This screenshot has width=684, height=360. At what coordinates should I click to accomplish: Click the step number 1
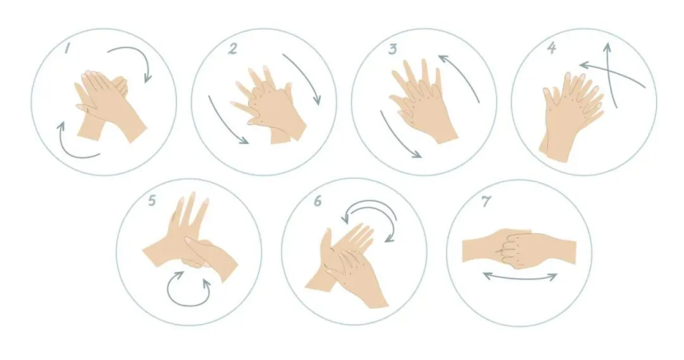click(x=68, y=48)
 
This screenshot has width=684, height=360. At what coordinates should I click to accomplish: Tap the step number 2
click(x=233, y=49)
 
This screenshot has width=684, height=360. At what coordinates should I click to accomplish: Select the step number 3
click(x=393, y=49)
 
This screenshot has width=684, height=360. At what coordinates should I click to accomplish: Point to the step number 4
click(x=552, y=48)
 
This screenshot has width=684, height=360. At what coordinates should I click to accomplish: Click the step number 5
click(x=152, y=200)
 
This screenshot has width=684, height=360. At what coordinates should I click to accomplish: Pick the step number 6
click(x=317, y=201)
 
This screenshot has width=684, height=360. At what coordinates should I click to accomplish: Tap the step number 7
click(x=486, y=201)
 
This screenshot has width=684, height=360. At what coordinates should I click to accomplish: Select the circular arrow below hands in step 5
click(x=189, y=304)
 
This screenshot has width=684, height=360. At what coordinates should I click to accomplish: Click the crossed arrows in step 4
click(x=611, y=74)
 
